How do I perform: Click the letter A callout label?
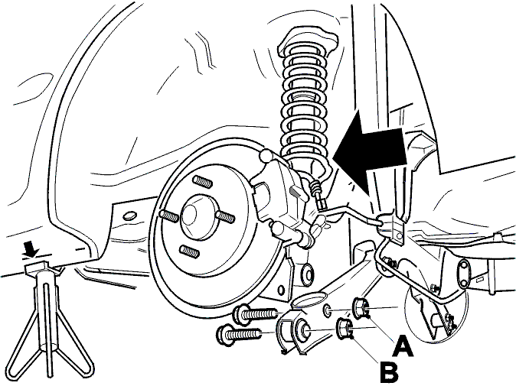point(403,346)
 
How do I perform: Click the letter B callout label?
point(390,372)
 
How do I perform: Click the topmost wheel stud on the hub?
point(201,181)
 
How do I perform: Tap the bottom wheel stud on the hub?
point(189,251)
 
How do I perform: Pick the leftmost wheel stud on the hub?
point(168,216)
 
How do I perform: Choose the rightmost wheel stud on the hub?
point(225,217)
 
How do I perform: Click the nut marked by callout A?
point(361,308)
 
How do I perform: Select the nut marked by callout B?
point(345,329)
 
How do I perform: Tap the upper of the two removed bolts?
point(256,314)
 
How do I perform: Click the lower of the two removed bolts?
point(239,335)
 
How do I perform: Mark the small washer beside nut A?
point(327,310)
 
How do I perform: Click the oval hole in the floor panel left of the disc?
point(129,216)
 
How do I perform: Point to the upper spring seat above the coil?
point(308,39)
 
